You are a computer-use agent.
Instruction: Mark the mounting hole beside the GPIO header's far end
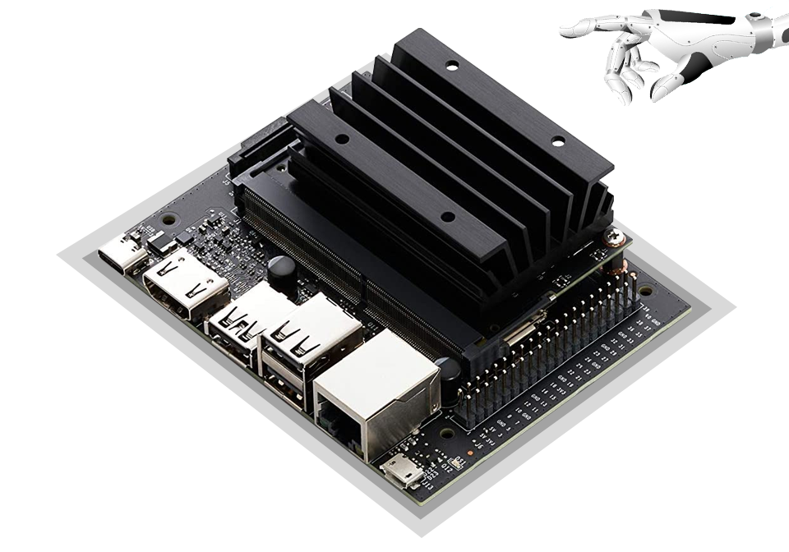(646, 291)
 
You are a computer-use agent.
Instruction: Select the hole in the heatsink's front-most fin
(447, 218)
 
